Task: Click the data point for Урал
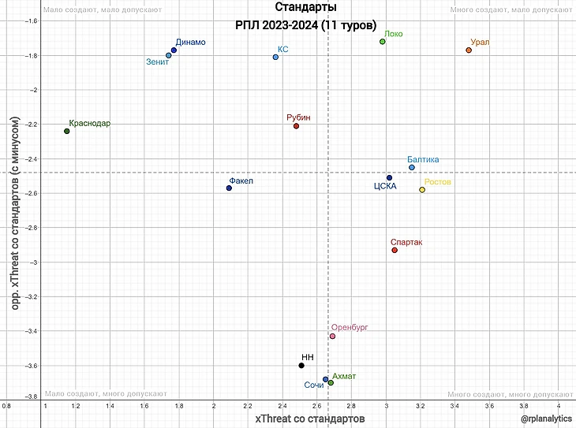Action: [469, 50]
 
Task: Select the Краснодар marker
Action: [66, 131]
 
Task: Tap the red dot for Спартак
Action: [395, 250]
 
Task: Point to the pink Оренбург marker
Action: [332, 336]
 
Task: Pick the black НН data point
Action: [301, 365]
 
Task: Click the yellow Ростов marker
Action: [422, 189]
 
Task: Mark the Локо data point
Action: [383, 41]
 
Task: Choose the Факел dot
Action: [229, 188]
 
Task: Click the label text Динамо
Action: [191, 42]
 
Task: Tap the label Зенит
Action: [158, 61]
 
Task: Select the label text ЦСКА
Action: [384, 187]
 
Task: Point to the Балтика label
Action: [423, 159]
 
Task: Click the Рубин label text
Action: [298, 117]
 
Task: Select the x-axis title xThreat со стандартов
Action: [309, 417]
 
